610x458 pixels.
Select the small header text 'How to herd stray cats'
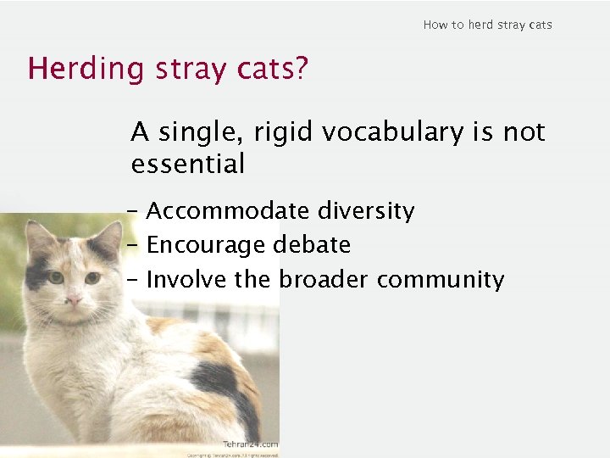[487, 25]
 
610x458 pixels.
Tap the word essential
[187, 164]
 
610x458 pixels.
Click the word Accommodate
[225, 211]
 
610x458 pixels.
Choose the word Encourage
[207, 245]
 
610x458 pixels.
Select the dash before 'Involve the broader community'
[135, 279]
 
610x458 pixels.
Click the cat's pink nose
[75, 300]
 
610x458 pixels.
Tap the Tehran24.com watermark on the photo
[250, 444]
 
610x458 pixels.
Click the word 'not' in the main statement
[524, 133]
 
